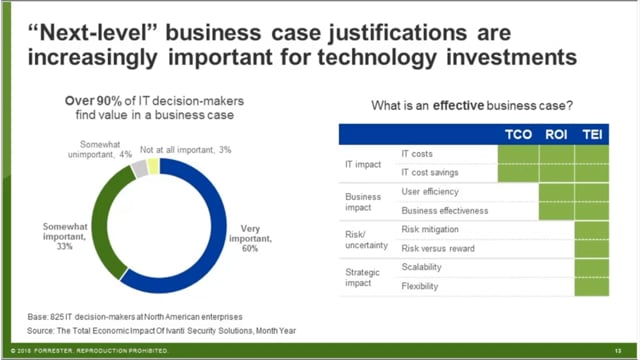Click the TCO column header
[x=517, y=133]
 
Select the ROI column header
[x=556, y=133]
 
